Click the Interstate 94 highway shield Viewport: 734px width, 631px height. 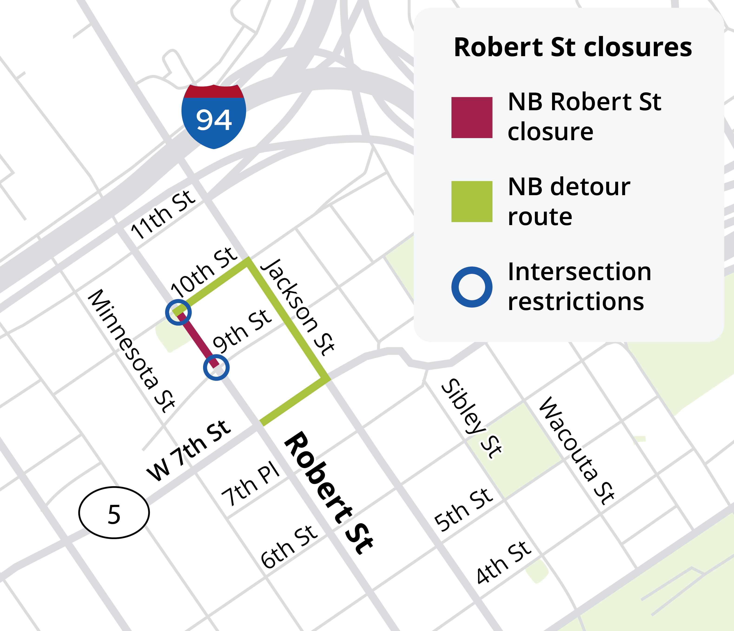[x=214, y=116]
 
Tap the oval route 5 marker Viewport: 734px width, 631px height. [x=114, y=512]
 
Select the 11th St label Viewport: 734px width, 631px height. [x=163, y=215]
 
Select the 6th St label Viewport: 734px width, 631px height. [x=289, y=547]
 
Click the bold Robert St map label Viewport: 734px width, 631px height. [x=329, y=492]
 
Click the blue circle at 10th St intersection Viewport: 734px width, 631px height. [x=178, y=312]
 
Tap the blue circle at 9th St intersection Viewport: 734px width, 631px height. [x=216, y=368]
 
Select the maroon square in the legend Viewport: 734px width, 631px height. [x=471, y=117]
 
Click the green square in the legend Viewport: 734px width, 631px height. [x=471, y=201]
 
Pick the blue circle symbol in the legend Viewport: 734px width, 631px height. [x=471, y=287]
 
